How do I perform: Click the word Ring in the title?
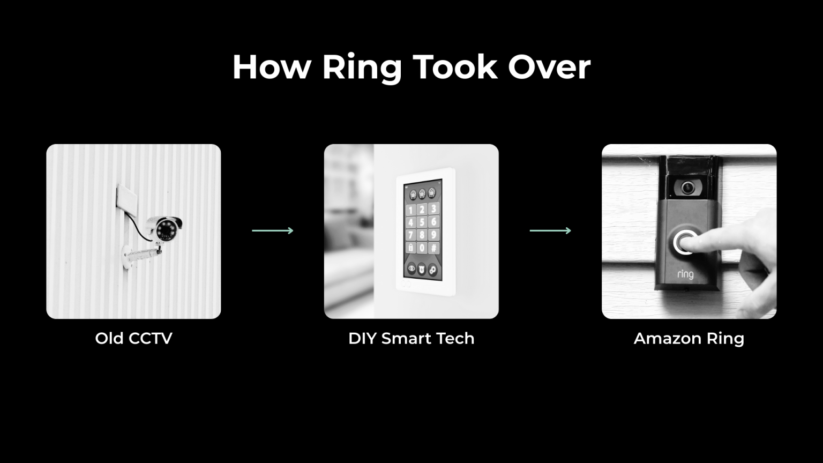pyautogui.click(x=362, y=68)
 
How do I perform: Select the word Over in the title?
pyautogui.click(x=549, y=67)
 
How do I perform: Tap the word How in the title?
pyautogui.click(x=272, y=66)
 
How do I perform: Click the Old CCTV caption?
pyautogui.click(x=134, y=338)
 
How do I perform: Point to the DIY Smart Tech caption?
pyautogui.click(x=411, y=338)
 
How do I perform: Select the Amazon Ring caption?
pyautogui.click(x=689, y=339)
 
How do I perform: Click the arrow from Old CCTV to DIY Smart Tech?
pyautogui.click(x=273, y=231)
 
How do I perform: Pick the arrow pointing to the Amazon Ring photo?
pyautogui.click(x=550, y=231)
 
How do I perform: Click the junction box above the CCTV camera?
pyautogui.click(x=127, y=199)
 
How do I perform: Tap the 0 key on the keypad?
pyautogui.click(x=422, y=247)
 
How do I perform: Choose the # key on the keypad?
pyautogui.click(x=434, y=247)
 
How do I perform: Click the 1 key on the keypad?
pyautogui.click(x=410, y=210)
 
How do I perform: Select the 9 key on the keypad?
pyautogui.click(x=434, y=234)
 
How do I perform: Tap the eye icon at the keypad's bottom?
pyautogui.click(x=411, y=268)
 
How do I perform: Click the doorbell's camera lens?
pyautogui.click(x=687, y=188)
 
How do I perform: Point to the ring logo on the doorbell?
pyautogui.click(x=685, y=274)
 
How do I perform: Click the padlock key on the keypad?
pyautogui.click(x=410, y=247)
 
